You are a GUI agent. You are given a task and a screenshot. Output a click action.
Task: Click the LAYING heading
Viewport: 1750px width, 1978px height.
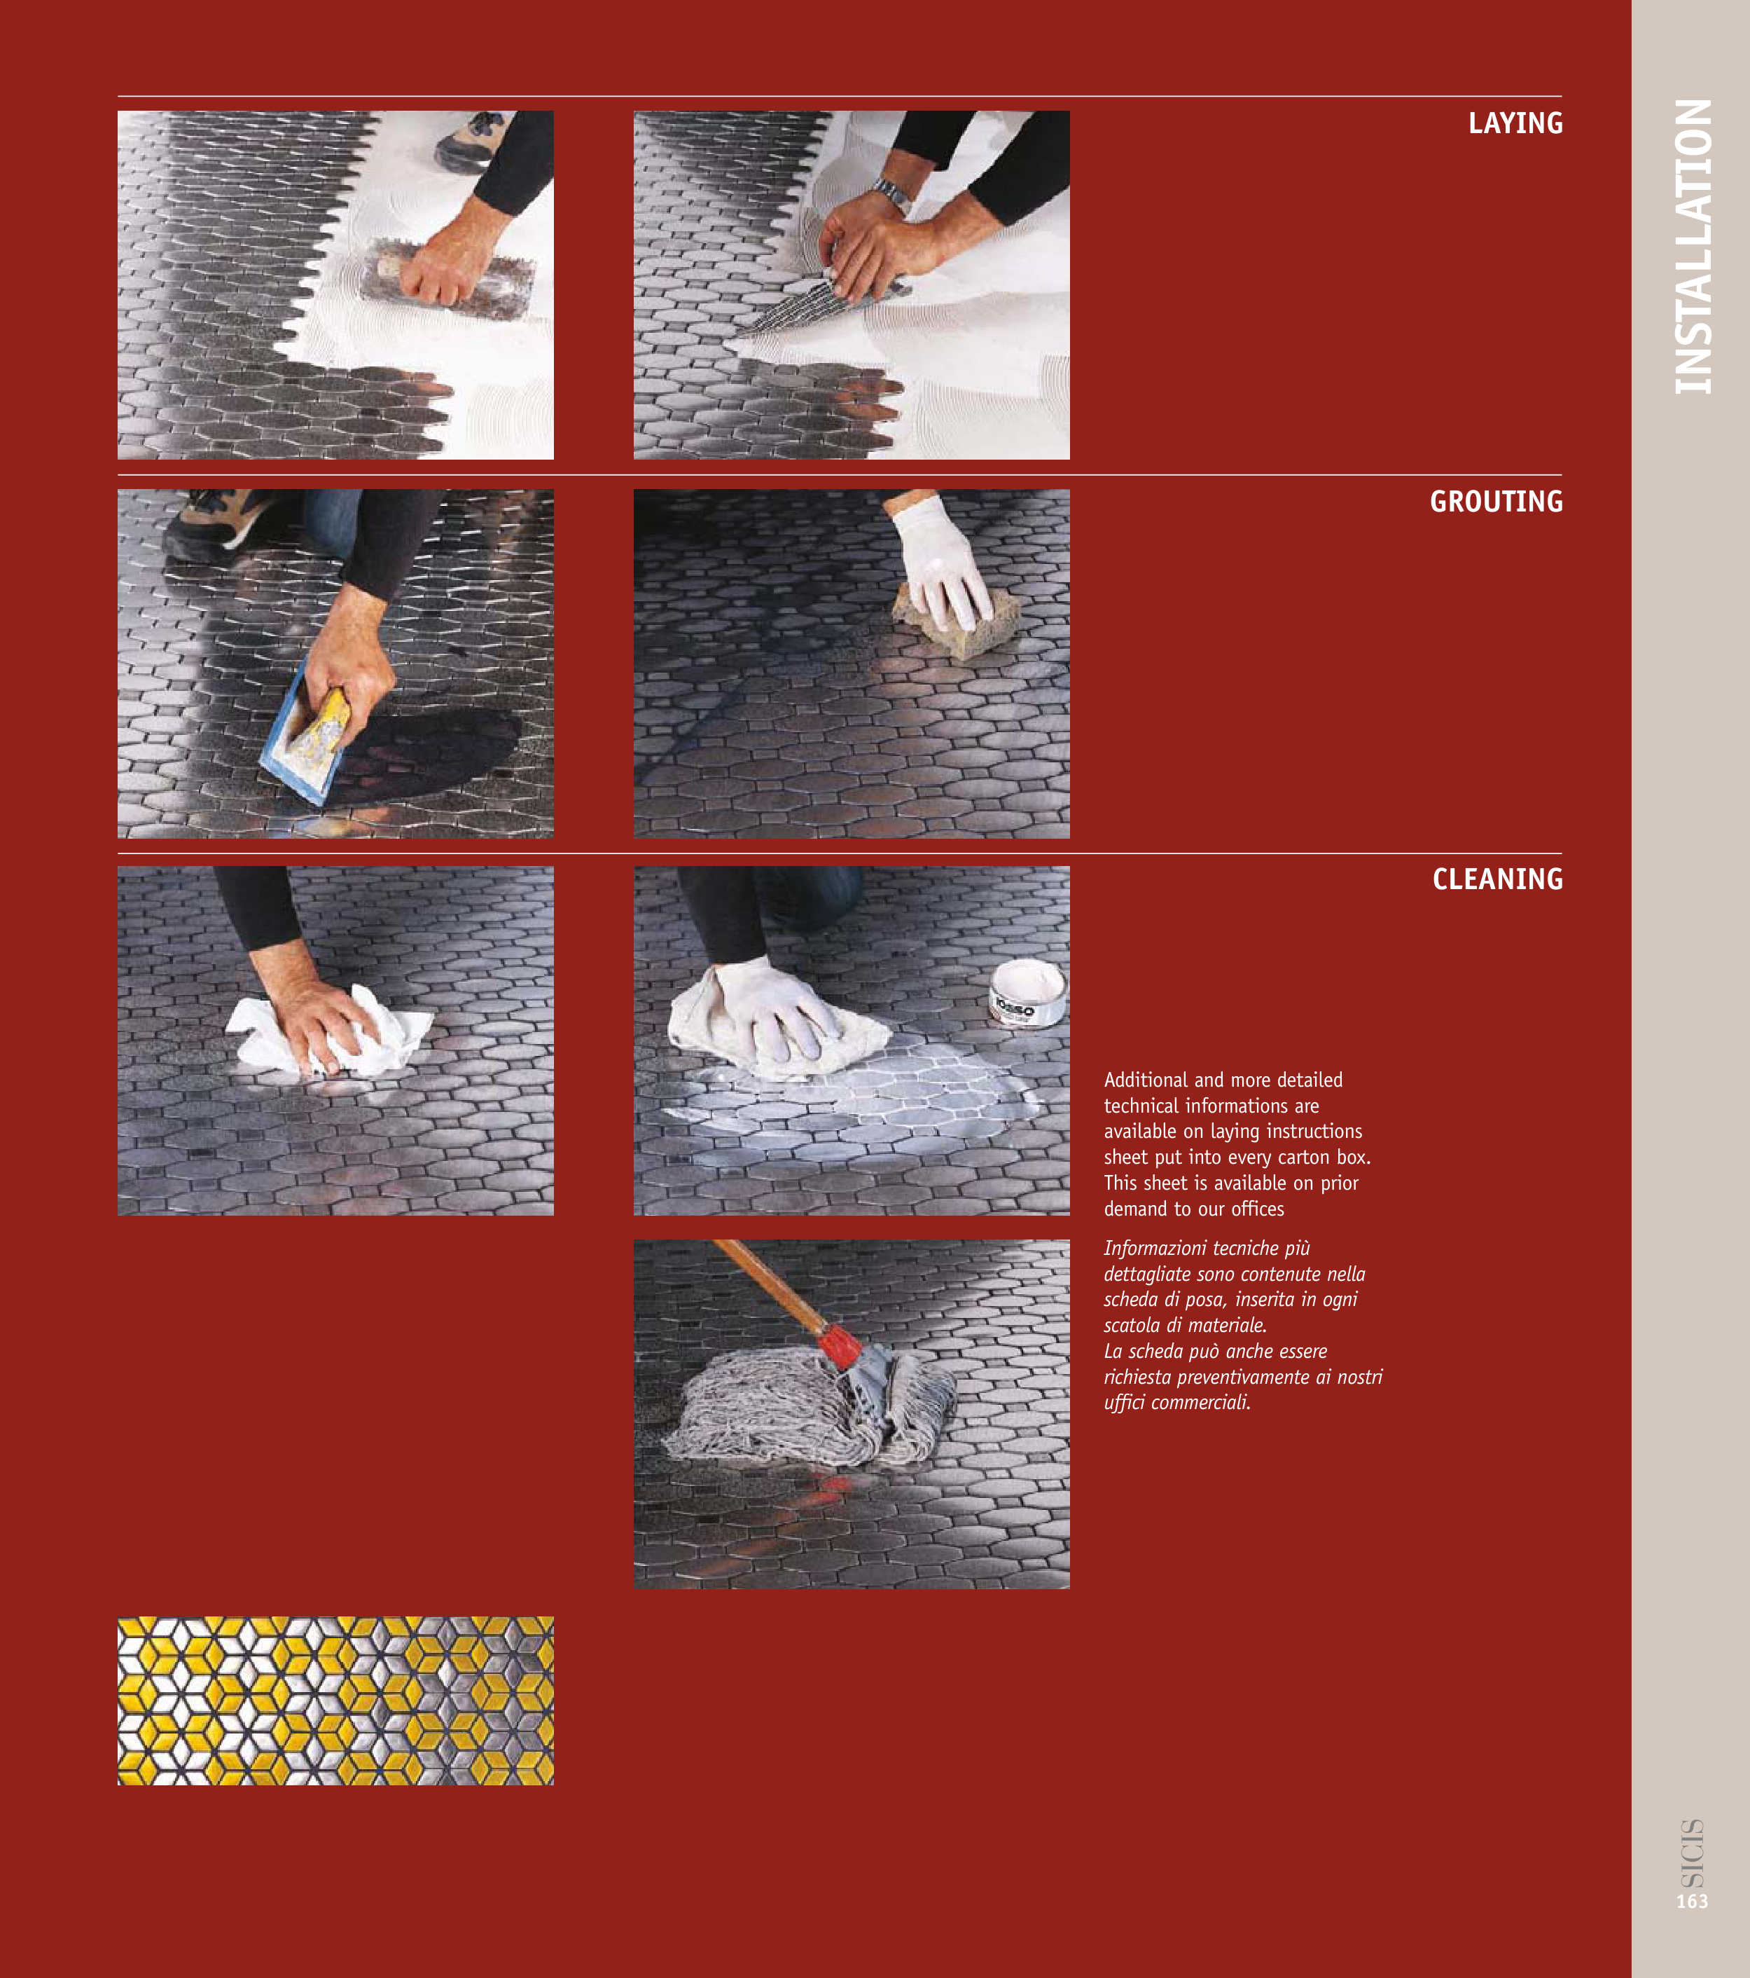1515,123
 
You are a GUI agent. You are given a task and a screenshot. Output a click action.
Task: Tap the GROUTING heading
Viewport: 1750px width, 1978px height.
1496,501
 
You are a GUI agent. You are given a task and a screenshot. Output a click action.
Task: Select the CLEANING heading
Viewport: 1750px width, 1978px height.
1497,879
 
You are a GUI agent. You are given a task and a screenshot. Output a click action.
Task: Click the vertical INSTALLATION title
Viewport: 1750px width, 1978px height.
1693,247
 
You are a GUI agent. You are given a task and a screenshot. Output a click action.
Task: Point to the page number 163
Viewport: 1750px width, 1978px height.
1692,1902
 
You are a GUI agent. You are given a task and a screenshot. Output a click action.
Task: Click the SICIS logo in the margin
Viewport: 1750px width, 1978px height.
1692,1854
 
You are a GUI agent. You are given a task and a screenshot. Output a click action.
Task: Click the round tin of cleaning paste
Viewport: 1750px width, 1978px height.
1027,993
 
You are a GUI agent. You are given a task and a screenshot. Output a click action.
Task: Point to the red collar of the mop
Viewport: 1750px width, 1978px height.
838,1345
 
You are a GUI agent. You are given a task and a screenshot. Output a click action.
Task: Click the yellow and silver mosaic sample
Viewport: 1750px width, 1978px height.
335,1701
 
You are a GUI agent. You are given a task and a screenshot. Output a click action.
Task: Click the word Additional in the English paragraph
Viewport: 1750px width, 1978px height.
1146,1080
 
